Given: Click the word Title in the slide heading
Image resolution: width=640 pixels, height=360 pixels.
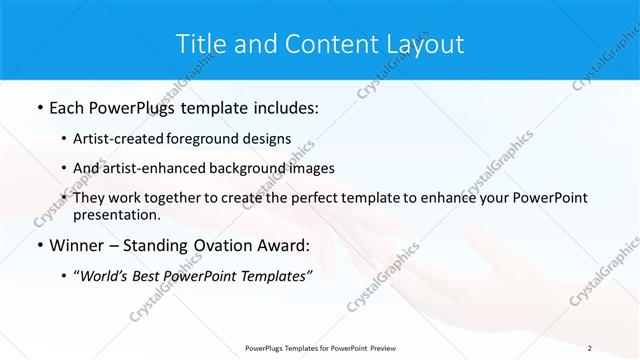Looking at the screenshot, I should [x=200, y=44].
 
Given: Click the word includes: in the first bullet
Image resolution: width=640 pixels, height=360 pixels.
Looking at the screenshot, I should [x=280, y=108].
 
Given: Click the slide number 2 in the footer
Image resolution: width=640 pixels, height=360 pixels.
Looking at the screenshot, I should [x=590, y=347].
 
